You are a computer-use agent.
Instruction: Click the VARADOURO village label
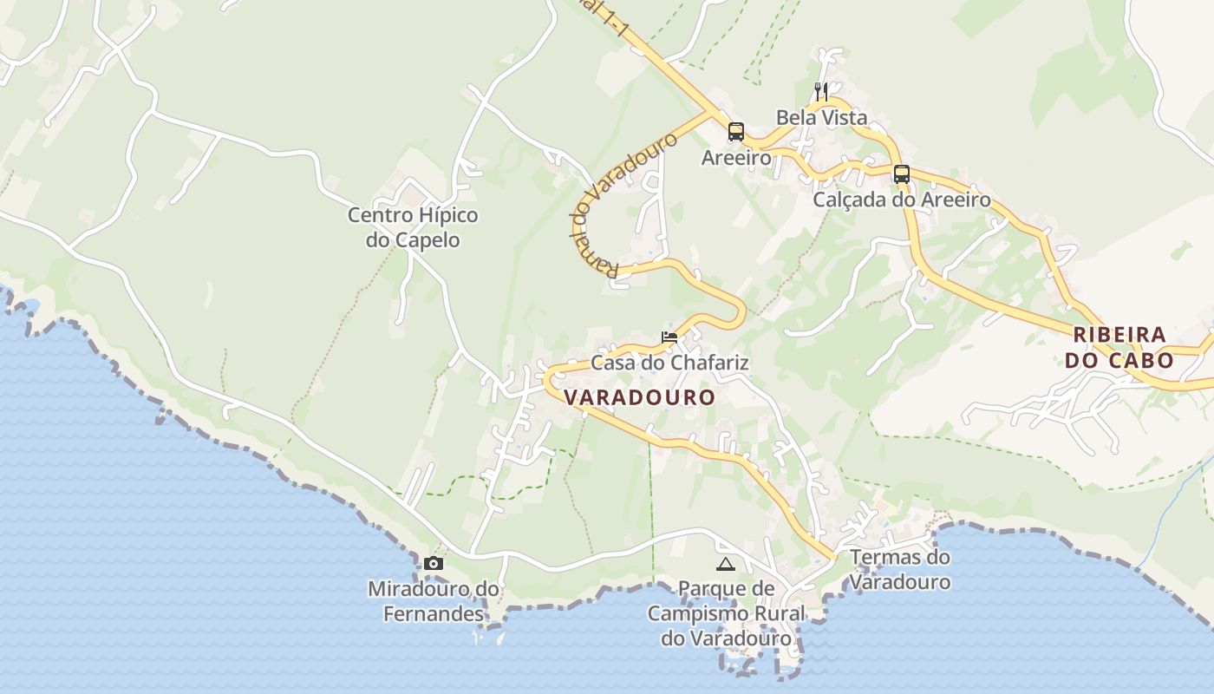[x=640, y=397]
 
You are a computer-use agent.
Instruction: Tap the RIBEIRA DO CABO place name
[x=1119, y=347]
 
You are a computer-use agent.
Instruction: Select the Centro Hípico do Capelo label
[x=413, y=227]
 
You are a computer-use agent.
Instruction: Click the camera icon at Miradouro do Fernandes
[x=433, y=564]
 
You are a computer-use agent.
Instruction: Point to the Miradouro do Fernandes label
[x=434, y=601]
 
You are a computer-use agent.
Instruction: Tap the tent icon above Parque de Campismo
[x=726, y=565]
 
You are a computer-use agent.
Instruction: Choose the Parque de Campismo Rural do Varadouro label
[x=727, y=613]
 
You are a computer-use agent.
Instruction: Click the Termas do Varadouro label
[x=900, y=569]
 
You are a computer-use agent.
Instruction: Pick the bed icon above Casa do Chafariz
[x=669, y=337]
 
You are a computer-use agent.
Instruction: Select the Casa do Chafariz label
[x=669, y=362]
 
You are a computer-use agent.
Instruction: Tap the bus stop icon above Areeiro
[x=736, y=132]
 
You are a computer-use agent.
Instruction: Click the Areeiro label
[x=736, y=158]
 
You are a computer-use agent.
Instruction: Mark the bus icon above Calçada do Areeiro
[x=902, y=173]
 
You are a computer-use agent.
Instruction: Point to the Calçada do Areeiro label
[x=902, y=200]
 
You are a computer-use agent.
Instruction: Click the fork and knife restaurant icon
[x=821, y=91]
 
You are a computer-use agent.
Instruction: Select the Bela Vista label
[x=821, y=117]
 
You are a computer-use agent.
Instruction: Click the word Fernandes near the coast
[x=434, y=614]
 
